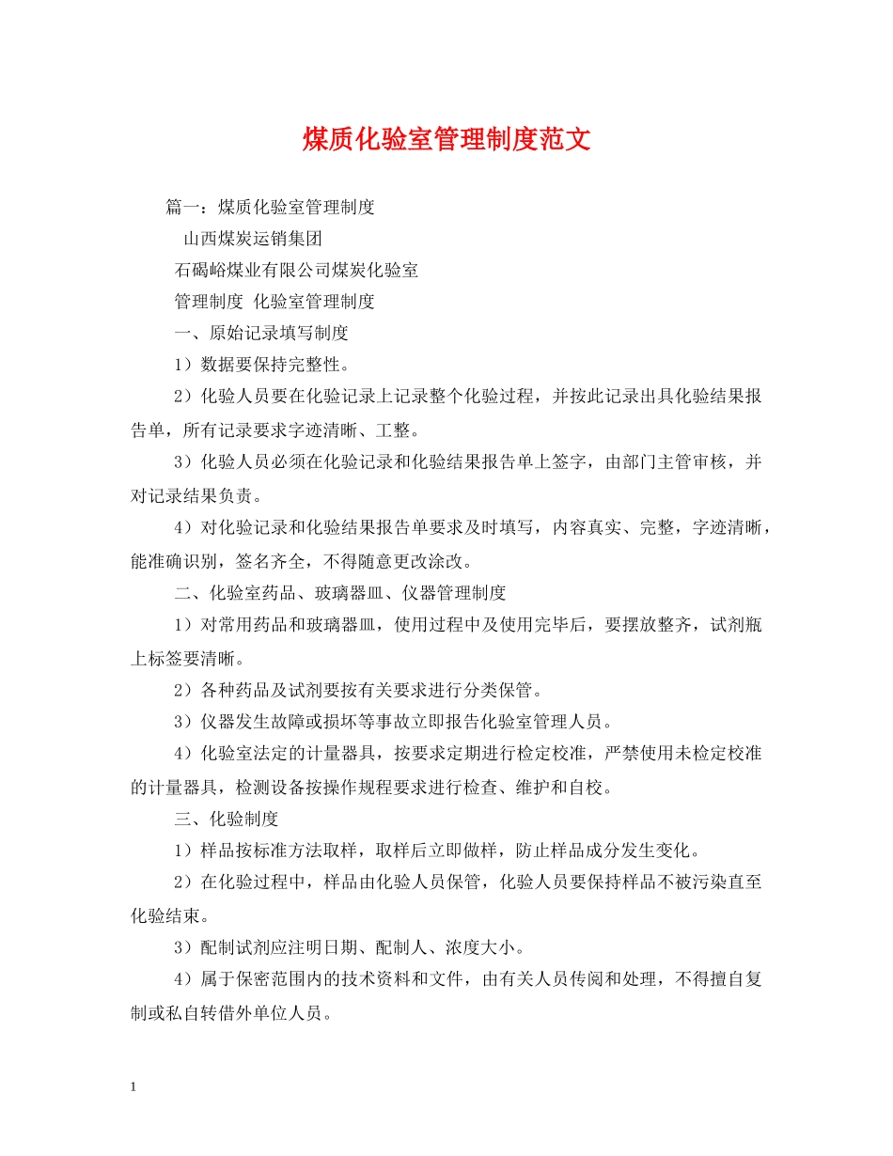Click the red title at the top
coord(446,140)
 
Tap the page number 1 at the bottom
coord(133,1086)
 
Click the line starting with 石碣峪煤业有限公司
coord(297,270)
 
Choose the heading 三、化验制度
coord(227,819)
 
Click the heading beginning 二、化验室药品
coord(340,593)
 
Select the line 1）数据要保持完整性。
coord(264,365)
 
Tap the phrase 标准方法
coord(322,851)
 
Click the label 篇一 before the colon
coord(182,206)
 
